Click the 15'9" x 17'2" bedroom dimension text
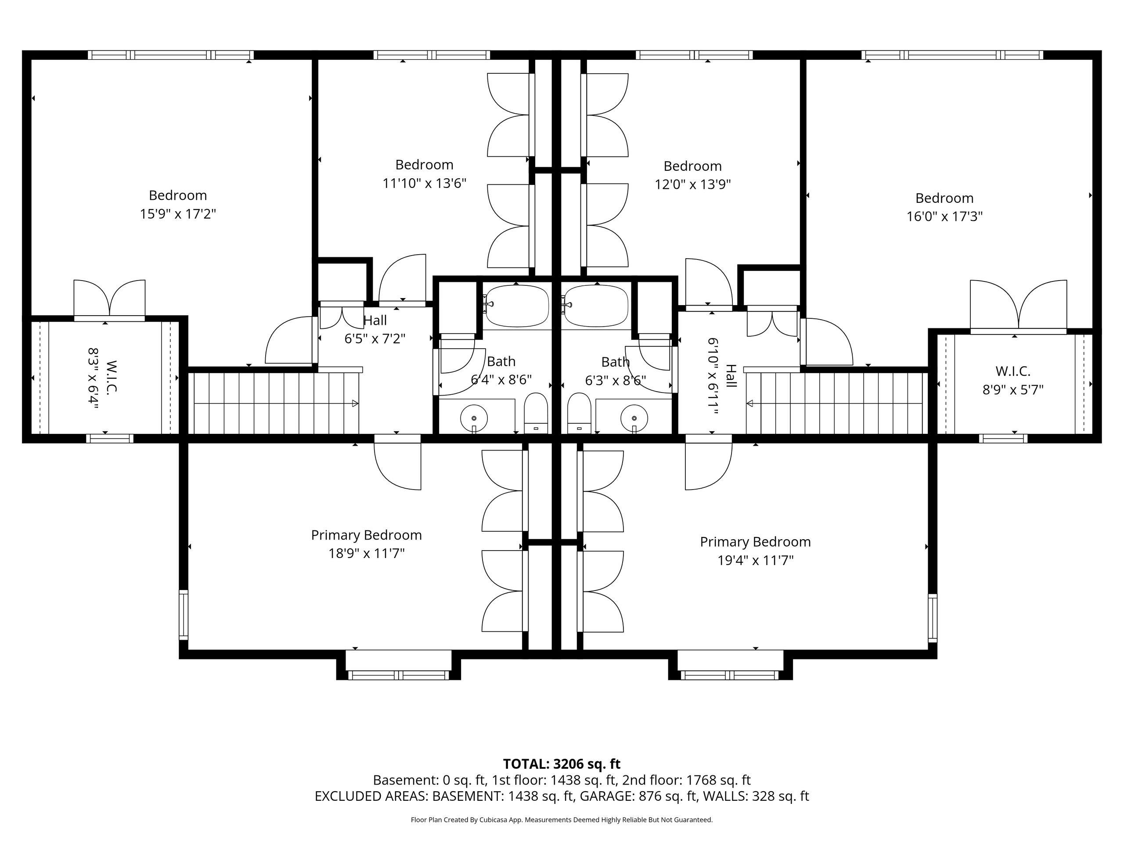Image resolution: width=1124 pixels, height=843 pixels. coord(178,214)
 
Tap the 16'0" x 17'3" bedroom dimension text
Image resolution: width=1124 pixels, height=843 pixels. coord(944,216)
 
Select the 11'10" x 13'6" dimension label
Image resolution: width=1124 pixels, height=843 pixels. coord(424,183)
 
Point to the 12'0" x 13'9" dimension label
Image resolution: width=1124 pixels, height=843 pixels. coord(692,184)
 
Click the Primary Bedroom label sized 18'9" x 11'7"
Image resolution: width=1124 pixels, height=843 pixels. coord(366,535)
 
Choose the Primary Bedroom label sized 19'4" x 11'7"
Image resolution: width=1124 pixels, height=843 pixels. coord(755,542)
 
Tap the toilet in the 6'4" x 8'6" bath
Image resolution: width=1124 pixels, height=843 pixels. coord(536,413)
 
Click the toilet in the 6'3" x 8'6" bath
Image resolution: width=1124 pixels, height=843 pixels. coord(579,413)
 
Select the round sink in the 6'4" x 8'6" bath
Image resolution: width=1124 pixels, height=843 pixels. coord(474,418)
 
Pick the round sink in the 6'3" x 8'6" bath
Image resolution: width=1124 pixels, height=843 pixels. coord(634,418)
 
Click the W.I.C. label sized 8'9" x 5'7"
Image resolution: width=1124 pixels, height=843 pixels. coord(1013,371)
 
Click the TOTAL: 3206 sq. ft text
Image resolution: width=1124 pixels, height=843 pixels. coord(562,764)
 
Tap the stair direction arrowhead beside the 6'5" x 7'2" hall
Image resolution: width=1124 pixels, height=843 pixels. coord(355,403)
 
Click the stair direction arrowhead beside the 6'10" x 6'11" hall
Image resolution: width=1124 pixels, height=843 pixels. coord(749,404)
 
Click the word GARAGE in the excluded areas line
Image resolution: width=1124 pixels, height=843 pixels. coord(606,796)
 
